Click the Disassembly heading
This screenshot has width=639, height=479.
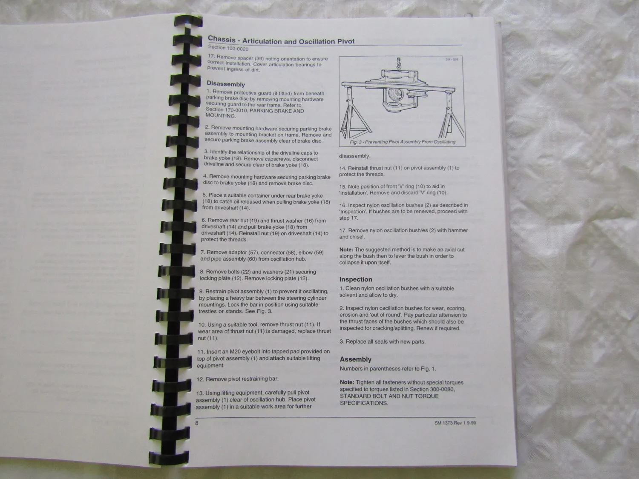point(226,84)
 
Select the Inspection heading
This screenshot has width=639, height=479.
point(356,279)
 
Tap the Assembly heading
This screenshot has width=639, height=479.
point(355,359)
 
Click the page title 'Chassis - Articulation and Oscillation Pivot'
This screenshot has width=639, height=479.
point(281,40)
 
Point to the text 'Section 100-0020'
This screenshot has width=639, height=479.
point(228,48)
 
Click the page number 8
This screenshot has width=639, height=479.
point(197,423)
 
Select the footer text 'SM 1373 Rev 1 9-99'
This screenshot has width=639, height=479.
point(455,422)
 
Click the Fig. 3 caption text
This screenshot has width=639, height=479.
point(403,142)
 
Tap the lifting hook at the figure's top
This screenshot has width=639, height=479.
point(398,64)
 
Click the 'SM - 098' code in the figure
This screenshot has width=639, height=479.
point(452,60)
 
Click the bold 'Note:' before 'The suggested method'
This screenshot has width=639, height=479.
point(346,250)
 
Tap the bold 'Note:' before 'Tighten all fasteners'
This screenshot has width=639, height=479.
point(347,382)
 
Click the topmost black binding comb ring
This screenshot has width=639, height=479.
point(188,21)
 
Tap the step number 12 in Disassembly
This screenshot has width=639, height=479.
point(200,379)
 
